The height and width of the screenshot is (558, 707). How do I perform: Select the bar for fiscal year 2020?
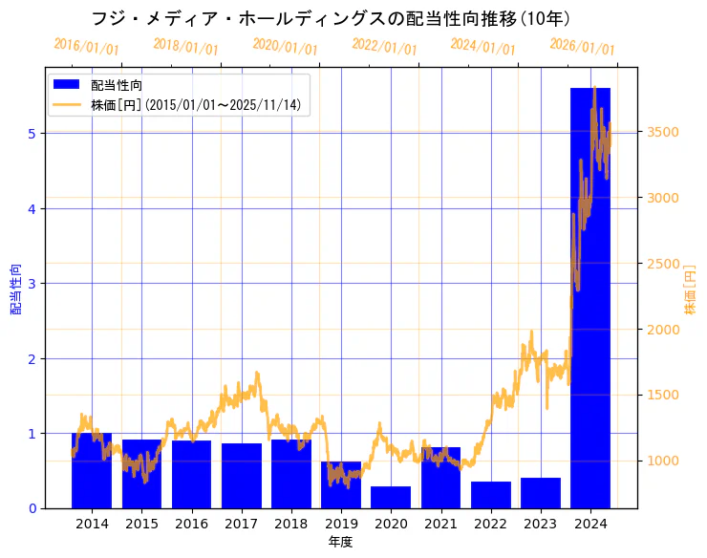click(391, 497)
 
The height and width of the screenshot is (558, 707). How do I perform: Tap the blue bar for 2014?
click(92, 470)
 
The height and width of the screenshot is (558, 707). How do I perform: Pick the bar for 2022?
click(490, 495)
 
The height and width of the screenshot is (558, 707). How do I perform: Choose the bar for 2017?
click(241, 476)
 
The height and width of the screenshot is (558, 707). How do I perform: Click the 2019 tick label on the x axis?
click(341, 524)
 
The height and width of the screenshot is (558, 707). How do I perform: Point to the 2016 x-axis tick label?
click(191, 524)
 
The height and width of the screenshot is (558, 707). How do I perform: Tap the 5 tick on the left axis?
click(32, 133)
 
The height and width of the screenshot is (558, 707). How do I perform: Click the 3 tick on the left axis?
click(32, 284)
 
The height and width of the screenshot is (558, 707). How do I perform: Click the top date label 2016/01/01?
click(87, 47)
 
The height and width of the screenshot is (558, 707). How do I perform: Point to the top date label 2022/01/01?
click(384, 47)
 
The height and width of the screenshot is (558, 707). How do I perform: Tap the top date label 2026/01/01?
click(583, 47)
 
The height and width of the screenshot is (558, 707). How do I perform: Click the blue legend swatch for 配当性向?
click(67, 86)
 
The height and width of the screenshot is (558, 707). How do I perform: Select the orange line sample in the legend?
click(67, 104)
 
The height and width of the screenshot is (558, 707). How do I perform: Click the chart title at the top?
click(331, 18)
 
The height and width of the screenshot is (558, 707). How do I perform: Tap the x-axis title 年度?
click(341, 542)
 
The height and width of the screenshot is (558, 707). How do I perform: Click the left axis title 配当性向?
click(15, 289)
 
